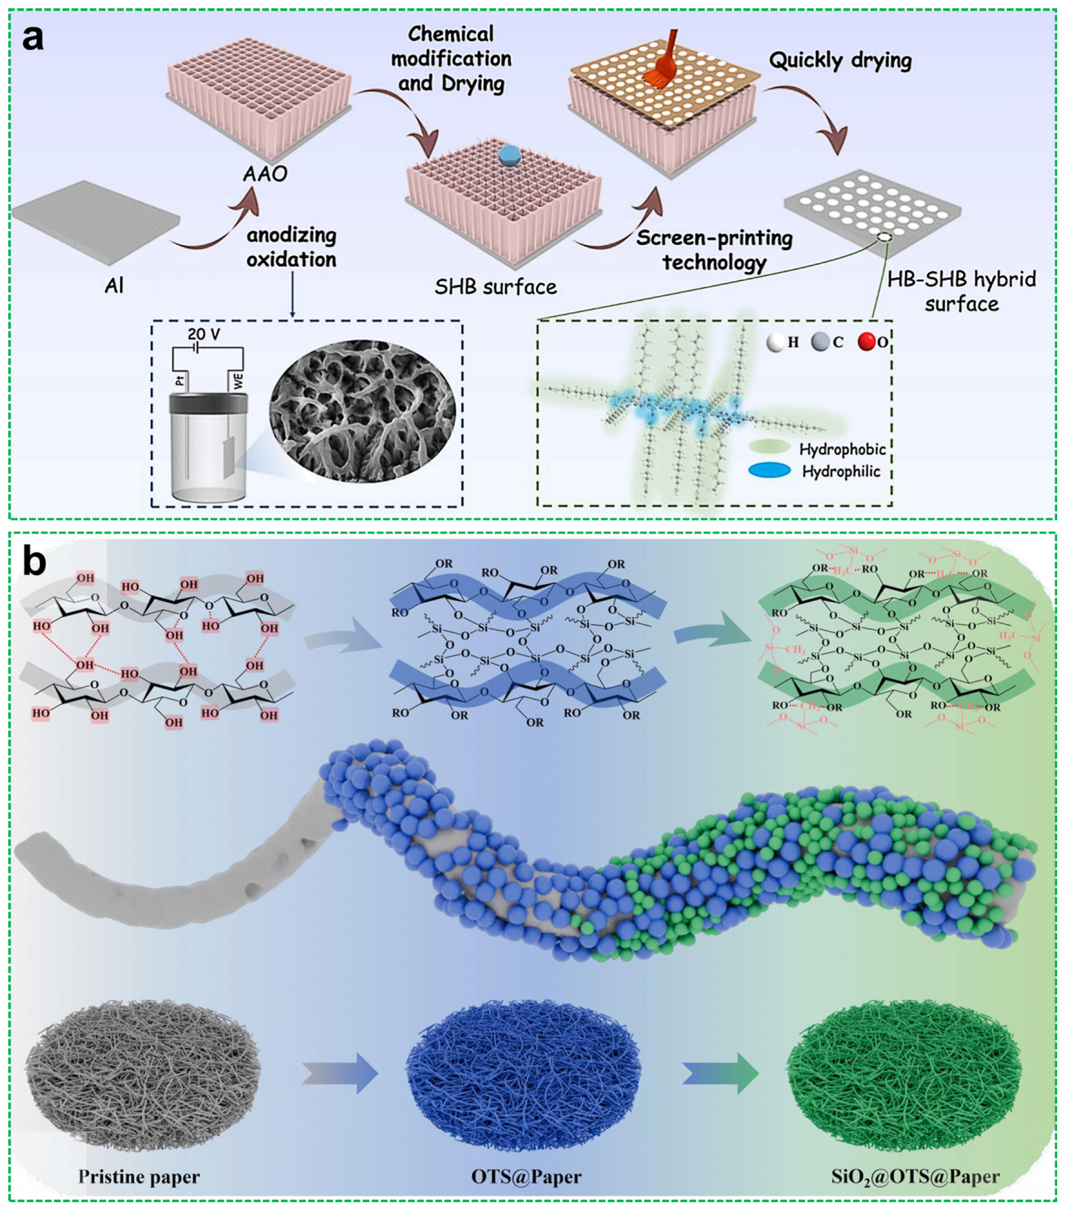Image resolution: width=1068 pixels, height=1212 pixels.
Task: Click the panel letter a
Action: [33, 39]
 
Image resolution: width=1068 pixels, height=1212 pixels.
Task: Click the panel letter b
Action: [34, 561]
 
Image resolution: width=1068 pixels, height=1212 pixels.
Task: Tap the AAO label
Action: [265, 174]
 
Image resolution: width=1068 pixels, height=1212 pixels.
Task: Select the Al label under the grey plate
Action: [115, 287]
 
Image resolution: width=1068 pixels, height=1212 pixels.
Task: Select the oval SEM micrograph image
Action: [363, 411]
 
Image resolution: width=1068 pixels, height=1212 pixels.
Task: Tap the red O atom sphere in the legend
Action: [867, 342]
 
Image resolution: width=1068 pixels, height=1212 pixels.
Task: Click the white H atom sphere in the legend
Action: [775, 342]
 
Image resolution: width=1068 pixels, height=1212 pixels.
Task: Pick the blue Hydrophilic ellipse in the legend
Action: [770, 471]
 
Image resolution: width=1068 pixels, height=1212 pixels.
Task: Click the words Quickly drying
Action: [841, 61]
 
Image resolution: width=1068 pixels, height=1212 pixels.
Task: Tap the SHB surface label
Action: [495, 287]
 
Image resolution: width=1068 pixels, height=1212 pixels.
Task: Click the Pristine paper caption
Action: [139, 1176]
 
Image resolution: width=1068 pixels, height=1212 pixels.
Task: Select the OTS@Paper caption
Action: [526, 1176]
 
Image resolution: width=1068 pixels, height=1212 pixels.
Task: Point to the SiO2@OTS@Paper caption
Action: [916, 1176]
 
